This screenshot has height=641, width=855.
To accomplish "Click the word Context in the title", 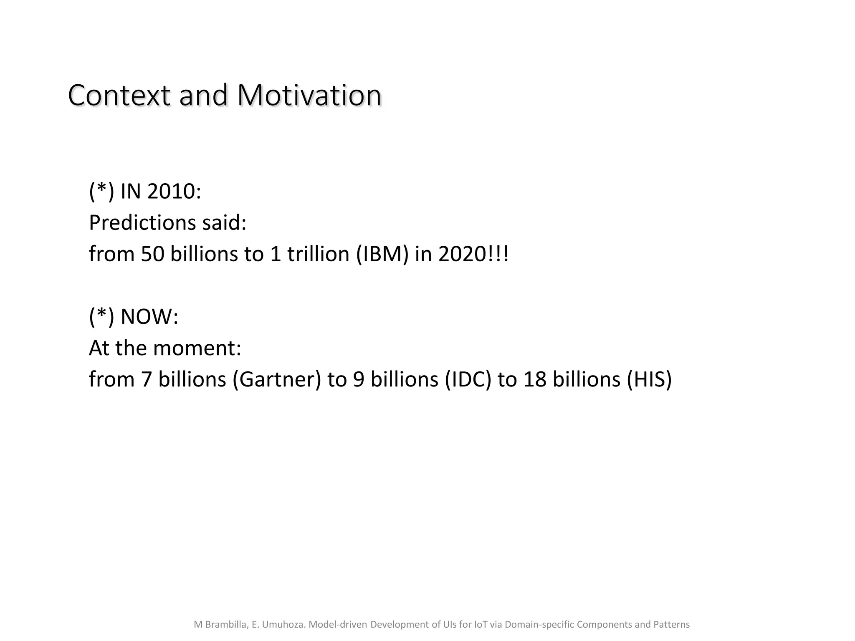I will (x=119, y=96).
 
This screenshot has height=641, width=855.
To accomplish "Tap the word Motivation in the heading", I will (x=309, y=96).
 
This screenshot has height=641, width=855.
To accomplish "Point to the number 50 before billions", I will (x=153, y=254).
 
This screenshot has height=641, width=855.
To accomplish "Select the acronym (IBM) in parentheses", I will (x=382, y=254).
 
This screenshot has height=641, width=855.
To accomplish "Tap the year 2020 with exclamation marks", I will (x=473, y=254).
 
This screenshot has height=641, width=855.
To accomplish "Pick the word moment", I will (x=197, y=348).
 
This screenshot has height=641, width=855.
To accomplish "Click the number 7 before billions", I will (x=146, y=379).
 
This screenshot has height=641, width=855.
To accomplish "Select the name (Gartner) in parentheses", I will (x=276, y=379).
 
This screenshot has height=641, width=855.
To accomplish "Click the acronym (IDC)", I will (x=468, y=379).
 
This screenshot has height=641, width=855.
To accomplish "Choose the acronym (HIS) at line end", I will (x=649, y=379).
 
